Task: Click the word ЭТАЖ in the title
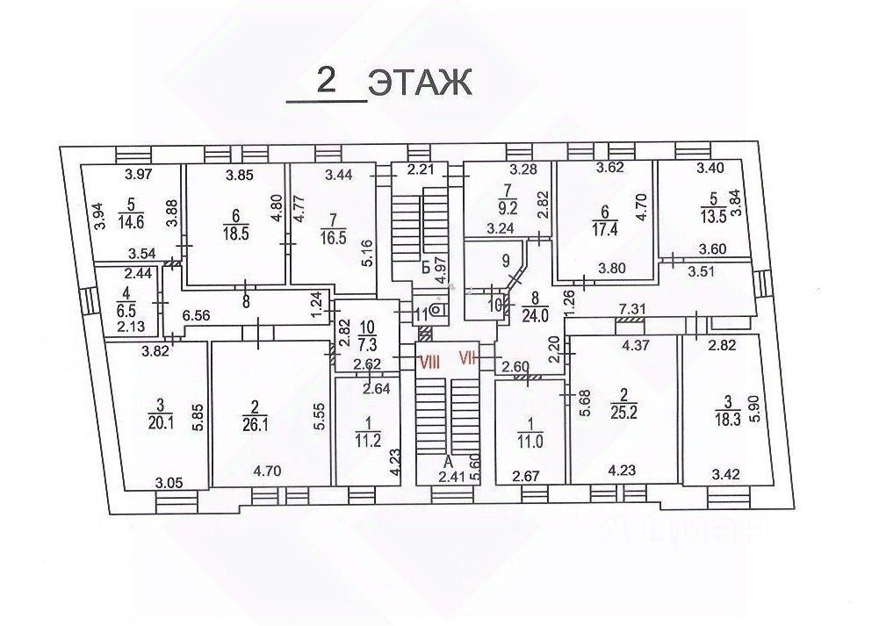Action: tap(421, 83)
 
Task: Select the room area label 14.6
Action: tap(131, 222)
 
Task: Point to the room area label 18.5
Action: tap(235, 234)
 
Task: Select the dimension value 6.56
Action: tap(196, 315)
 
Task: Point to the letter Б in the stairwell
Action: tap(426, 266)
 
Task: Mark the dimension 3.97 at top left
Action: tap(139, 175)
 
